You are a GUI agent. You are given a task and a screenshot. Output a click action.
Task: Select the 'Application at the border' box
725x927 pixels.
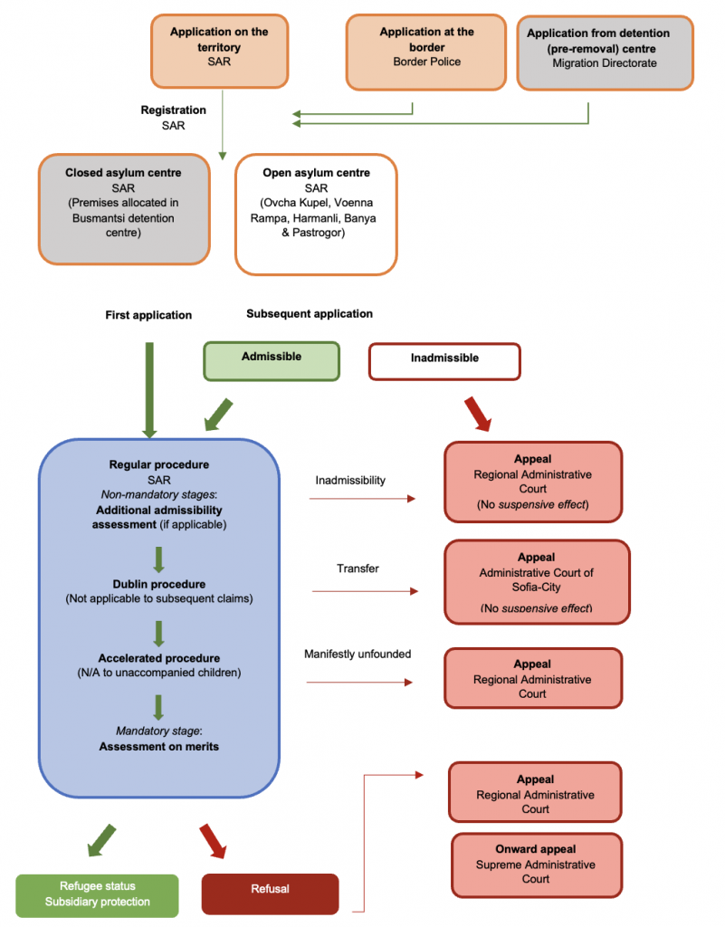pos(426,52)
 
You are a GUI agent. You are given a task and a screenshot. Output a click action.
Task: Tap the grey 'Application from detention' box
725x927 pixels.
pos(605,53)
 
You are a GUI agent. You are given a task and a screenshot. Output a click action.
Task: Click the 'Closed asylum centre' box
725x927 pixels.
pos(124,208)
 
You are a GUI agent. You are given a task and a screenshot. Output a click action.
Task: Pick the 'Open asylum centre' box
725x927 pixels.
pos(315,214)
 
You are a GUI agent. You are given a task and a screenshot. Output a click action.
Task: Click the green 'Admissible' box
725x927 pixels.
pos(271,360)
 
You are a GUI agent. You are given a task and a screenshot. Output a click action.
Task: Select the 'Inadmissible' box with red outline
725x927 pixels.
pos(444,360)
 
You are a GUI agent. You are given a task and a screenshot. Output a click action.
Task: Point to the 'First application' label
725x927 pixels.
pos(148,315)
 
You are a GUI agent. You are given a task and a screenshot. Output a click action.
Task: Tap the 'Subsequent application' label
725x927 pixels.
pos(309,313)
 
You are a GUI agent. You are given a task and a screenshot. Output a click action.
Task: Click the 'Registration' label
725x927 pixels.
pos(173,110)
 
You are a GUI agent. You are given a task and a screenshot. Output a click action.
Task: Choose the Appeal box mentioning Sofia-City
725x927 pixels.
pos(536,581)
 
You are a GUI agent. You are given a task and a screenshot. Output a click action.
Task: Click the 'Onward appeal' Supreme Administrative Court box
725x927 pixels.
pos(536,863)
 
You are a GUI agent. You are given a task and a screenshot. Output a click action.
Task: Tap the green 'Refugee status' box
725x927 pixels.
pos(97,894)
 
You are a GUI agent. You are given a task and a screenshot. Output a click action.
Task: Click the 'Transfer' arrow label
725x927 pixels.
pos(358,569)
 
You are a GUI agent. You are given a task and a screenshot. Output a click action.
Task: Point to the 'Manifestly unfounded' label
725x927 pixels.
pos(357,654)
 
